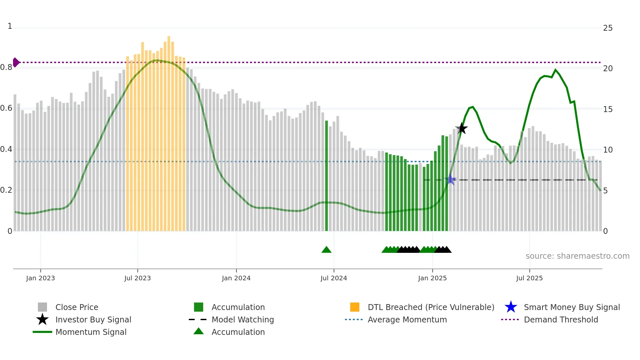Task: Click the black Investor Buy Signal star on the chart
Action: point(462,128)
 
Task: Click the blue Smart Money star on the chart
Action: point(451,179)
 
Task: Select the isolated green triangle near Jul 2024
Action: point(326,250)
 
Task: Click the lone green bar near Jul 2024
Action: point(326,176)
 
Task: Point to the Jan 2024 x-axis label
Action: point(236,278)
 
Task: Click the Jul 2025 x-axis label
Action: point(529,278)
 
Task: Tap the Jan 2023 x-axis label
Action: point(40,278)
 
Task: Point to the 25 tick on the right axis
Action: point(608,28)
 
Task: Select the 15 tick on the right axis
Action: point(608,109)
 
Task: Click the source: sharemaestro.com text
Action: point(577,256)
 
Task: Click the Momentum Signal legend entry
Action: point(91,332)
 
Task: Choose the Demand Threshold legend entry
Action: point(561,320)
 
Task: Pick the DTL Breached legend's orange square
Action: point(355,307)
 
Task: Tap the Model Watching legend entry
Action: point(242,320)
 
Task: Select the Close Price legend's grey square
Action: point(42,307)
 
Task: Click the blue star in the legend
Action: point(511,307)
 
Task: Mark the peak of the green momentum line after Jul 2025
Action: point(555,70)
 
